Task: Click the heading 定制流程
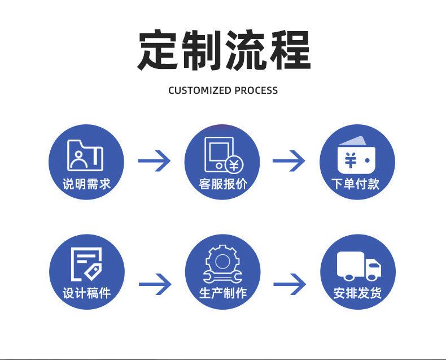click(x=224, y=50)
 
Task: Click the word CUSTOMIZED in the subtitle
click(x=200, y=90)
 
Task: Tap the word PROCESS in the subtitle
click(x=256, y=90)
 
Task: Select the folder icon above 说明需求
click(x=85, y=155)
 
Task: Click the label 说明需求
click(x=86, y=184)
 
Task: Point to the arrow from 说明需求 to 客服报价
click(x=154, y=161)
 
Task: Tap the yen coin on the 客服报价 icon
click(x=234, y=165)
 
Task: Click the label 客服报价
click(x=222, y=184)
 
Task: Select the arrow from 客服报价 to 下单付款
click(x=288, y=161)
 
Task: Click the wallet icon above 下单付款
click(x=357, y=155)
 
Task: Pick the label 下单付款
click(x=356, y=184)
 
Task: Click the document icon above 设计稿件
click(x=86, y=264)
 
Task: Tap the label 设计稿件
click(x=87, y=293)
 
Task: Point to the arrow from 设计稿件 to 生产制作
click(x=155, y=284)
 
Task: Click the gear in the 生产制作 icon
click(x=222, y=261)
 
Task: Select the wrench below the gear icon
click(x=222, y=276)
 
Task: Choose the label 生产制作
click(x=223, y=293)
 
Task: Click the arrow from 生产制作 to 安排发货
click(x=290, y=284)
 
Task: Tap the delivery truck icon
click(x=359, y=266)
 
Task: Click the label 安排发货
click(x=357, y=293)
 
